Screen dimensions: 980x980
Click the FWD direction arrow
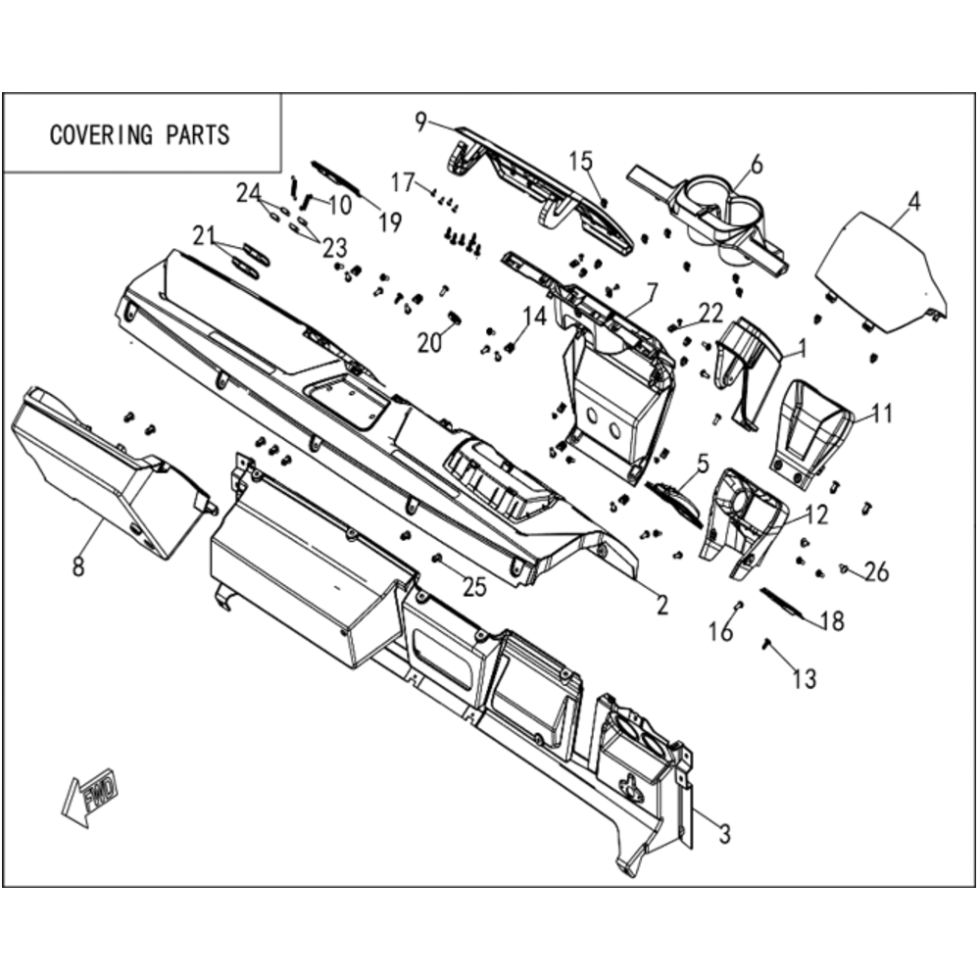click(x=89, y=798)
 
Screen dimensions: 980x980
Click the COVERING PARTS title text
click(x=139, y=135)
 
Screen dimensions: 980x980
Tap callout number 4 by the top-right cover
click(x=913, y=202)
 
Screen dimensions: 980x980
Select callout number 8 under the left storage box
click(x=78, y=566)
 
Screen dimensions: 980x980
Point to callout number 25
click(x=474, y=586)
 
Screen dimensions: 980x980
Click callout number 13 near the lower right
click(x=805, y=679)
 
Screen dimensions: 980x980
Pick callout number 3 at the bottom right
click(x=724, y=834)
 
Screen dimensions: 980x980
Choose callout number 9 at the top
click(x=420, y=122)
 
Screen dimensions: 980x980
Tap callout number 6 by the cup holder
click(x=757, y=165)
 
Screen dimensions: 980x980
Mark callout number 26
click(x=877, y=571)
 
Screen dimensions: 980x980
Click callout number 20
click(x=429, y=342)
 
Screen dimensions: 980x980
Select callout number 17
click(x=403, y=182)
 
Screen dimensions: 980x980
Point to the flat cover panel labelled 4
click(x=878, y=271)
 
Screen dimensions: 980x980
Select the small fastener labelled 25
click(x=437, y=557)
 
